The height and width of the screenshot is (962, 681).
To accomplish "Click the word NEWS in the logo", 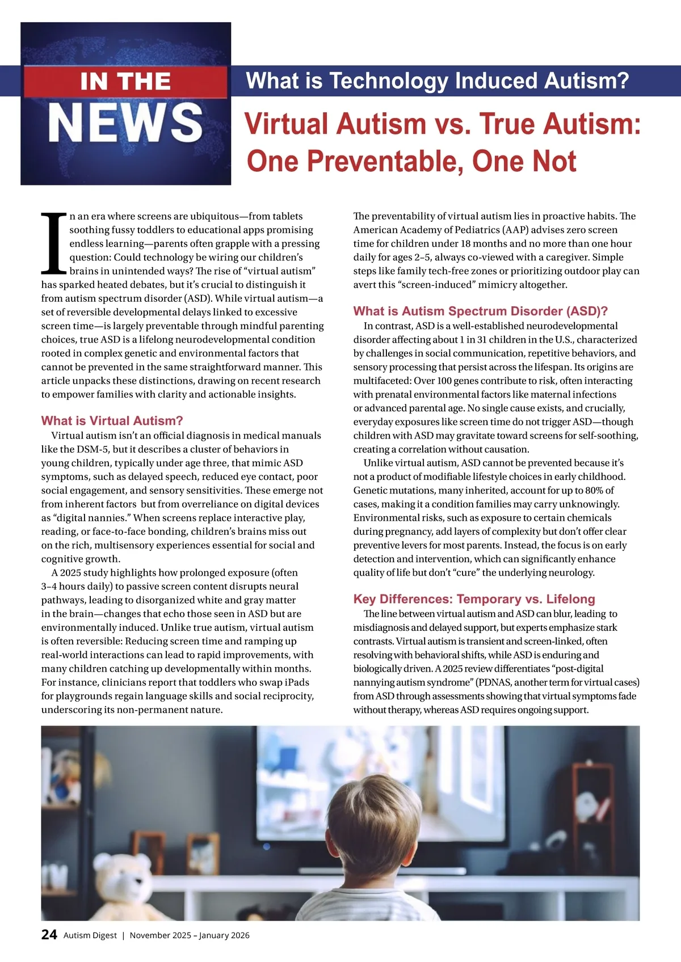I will (x=125, y=123).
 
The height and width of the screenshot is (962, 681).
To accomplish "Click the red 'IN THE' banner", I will (x=125, y=82).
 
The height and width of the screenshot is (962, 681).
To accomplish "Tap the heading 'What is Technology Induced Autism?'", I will (x=438, y=81).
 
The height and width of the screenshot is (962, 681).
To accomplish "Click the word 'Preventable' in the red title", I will (x=385, y=161).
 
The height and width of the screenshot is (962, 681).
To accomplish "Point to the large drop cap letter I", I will (x=54, y=243).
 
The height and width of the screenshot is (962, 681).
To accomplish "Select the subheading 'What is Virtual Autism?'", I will (x=112, y=421).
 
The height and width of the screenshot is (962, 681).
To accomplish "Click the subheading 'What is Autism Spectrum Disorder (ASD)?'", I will (x=480, y=311).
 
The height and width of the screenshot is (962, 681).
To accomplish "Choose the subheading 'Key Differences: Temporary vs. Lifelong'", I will (x=474, y=599).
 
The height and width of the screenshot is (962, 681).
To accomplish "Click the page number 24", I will (x=49, y=935).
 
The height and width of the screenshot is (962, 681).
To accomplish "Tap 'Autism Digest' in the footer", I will (x=90, y=935).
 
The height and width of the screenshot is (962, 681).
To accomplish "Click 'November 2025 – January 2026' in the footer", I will (x=190, y=935).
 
